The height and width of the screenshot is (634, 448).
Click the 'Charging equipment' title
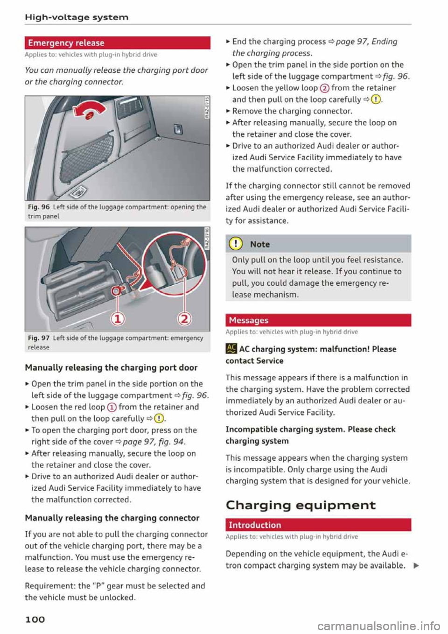[x=301, y=505]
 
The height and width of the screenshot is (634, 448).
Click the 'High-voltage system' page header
[x=77, y=17]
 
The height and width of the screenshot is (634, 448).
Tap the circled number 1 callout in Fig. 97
[x=117, y=319]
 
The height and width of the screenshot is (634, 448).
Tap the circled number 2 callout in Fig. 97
[x=185, y=319]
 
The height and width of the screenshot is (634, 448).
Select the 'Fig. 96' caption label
[x=39, y=207]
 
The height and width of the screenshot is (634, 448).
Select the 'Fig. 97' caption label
[x=39, y=338]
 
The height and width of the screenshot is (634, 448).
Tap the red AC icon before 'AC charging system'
[x=231, y=349]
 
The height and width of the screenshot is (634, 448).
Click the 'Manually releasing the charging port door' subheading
[x=111, y=367]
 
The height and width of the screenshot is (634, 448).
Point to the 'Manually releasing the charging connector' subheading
[x=112, y=518]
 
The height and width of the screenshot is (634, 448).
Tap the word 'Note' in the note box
[x=260, y=244]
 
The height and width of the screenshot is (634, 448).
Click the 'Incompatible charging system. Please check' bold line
[x=310, y=429]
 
